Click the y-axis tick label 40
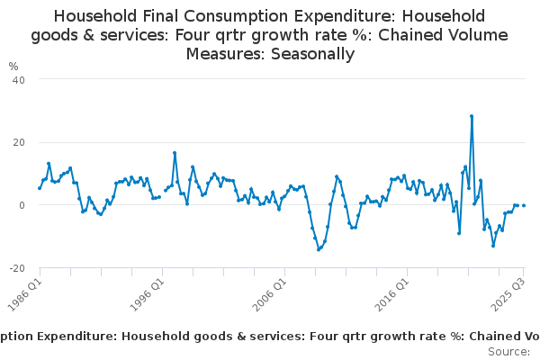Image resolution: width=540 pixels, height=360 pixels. [x=17, y=79]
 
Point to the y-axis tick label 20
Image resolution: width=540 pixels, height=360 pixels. [x=17, y=142]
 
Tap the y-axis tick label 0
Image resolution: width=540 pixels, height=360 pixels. [x=20, y=205]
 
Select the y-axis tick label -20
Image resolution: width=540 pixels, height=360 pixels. [x=15, y=268]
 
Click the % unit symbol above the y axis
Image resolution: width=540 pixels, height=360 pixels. [x=13, y=66]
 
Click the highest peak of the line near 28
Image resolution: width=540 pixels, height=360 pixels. [x=472, y=116]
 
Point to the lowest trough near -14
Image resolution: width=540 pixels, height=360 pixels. [x=319, y=249]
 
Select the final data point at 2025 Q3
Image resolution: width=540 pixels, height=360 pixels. [x=524, y=205]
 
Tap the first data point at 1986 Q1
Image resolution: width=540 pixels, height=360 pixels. [x=40, y=188]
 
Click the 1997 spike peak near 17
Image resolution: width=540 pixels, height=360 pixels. [x=175, y=153]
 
